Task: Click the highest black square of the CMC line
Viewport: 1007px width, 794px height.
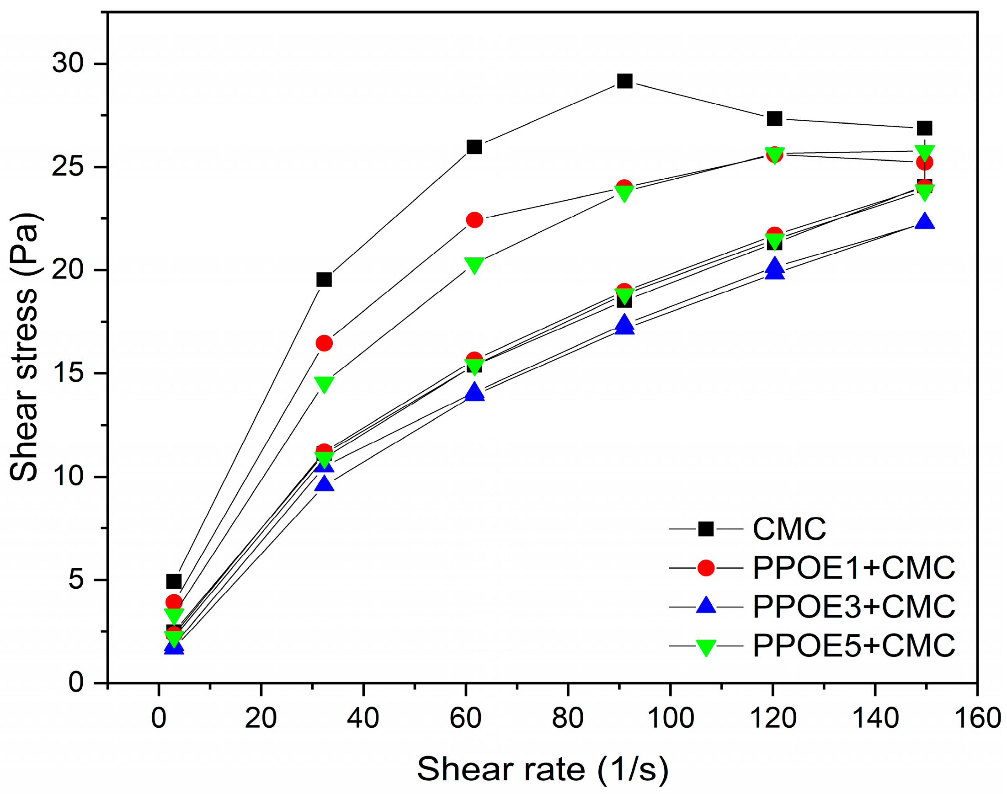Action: pyautogui.click(x=624, y=81)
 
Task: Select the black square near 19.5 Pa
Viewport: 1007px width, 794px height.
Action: pyautogui.click(x=324, y=279)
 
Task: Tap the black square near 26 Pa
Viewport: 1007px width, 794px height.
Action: pyautogui.click(x=474, y=147)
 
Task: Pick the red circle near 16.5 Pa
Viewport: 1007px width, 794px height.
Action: pyautogui.click(x=324, y=343)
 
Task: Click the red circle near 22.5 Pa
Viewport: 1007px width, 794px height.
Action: pyautogui.click(x=474, y=219)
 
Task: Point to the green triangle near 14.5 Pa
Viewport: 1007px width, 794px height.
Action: pyautogui.click(x=324, y=384)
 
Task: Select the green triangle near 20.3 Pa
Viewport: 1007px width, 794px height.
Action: pyautogui.click(x=474, y=265)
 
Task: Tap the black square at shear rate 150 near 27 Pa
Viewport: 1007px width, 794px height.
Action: pyautogui.click(x=924, y=128)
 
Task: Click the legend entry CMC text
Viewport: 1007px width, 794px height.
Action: pyautogui.click(x=789, y=529)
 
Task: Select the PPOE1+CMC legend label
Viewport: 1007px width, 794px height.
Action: pyautogui.click(x=853, y=568)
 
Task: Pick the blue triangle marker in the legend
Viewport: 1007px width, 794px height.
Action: pyautogui.click(x=706, y=605)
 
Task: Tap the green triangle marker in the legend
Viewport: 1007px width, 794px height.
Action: pyautogui.click(x=706, y=647)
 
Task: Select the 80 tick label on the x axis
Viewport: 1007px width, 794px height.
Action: pyautogui.click(x=568, y=718)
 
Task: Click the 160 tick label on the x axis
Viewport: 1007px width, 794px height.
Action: pyautogui.click(x=977, y=718)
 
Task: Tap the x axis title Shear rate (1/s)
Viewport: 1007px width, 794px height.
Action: pyautogui.click(x=542, y=769)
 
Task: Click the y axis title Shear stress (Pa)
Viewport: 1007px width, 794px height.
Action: pyautogui.click(x=24, y=347)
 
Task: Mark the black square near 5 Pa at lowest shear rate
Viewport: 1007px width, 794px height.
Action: pyautogui.click(x=174, y=581)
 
